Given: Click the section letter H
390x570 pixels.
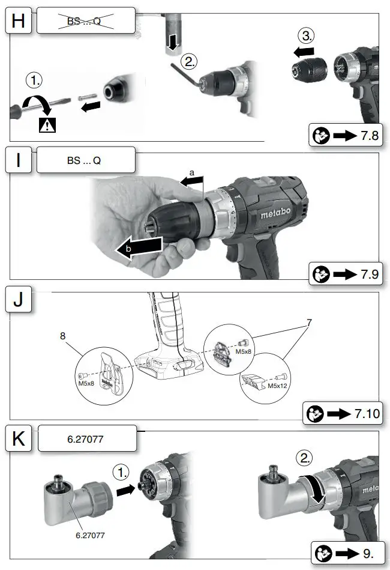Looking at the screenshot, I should pyautogui.click(x=19, y=22).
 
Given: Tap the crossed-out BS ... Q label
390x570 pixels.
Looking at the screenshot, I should pyautogui.click(x=84, y=22).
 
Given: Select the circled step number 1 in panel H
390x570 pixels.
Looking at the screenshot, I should pyautogui.click(x=34, y=80).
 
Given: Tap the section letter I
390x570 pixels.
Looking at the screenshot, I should pyautogui.click(x=19, y=162).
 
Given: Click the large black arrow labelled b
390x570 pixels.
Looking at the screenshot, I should pyautogui.click(x=139, y=248).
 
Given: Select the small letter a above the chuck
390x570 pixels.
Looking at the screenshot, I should pyautogui.click(x=191, y=172).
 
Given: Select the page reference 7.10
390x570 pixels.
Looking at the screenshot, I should pyautogui.click(x=366, y=414).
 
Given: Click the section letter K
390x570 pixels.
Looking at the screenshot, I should pyautogui.click(x=19, y=440).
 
